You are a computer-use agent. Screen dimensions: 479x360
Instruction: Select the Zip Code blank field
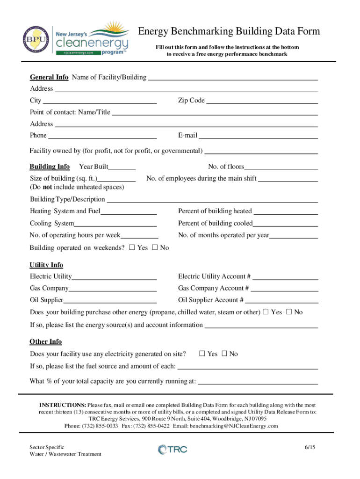262,101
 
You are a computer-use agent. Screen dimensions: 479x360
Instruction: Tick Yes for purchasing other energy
266,312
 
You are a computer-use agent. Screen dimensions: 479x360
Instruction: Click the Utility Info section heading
46,265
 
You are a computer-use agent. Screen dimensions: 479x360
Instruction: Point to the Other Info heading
46,342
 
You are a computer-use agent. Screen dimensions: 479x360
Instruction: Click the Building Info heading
50,167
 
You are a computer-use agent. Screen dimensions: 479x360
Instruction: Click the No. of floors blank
281,167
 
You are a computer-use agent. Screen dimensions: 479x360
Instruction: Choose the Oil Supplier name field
110,300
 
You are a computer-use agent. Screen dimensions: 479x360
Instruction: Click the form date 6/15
310,447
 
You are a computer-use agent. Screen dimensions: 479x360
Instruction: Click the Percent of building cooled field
285,224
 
